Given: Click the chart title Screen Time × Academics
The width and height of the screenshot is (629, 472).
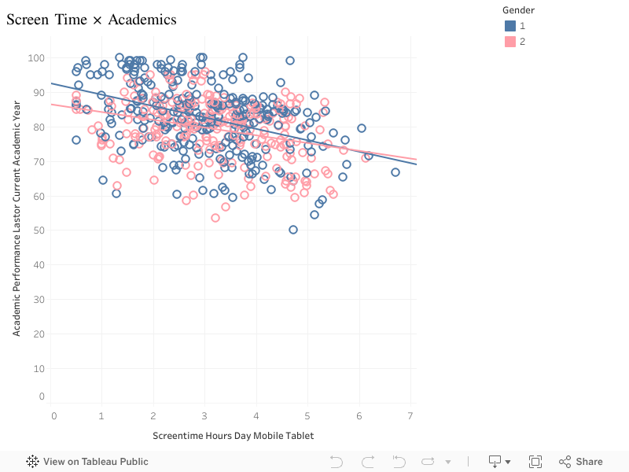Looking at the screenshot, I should pyautogui.click(x=91, y=20).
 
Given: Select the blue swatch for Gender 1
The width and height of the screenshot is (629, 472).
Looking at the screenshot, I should pyautogui.click(x=510, y=26).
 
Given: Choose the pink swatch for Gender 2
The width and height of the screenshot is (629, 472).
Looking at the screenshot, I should pyautogui.click(x=510, y=42).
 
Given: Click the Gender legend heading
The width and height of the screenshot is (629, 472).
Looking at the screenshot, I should pyautogui.click(x=519, y=10).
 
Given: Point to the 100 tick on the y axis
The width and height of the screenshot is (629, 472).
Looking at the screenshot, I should pyautogui.click(x=36, y=57).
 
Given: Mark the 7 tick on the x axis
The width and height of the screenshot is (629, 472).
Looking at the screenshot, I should pyautogui.click(x=411, y=415).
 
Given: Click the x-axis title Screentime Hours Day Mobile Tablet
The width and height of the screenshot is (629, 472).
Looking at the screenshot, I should pyautogui.click(x=233, y=435).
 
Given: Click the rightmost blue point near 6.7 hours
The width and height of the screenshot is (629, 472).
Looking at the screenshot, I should pyautogui.click(x=395, y=172).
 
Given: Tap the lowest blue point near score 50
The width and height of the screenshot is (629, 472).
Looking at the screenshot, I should pyautogui.click(x=293, y=230).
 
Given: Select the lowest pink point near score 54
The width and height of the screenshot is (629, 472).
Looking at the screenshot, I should pyautogui.click(x=215, y=218).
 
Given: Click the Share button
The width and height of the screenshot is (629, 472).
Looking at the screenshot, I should pyautogui.click(x=581, y=462).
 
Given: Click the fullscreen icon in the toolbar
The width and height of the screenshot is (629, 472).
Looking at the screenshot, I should pyautogui.click(x=535, y=462).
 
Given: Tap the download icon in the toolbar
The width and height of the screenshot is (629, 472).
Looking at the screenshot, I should pyautogui.click(x=496, y=462).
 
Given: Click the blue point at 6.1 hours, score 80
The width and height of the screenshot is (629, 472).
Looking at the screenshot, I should pyautogui.click(x=362, y=128).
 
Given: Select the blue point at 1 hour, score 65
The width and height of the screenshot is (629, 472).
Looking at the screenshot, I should pyautogui.click(x=103, y=180).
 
